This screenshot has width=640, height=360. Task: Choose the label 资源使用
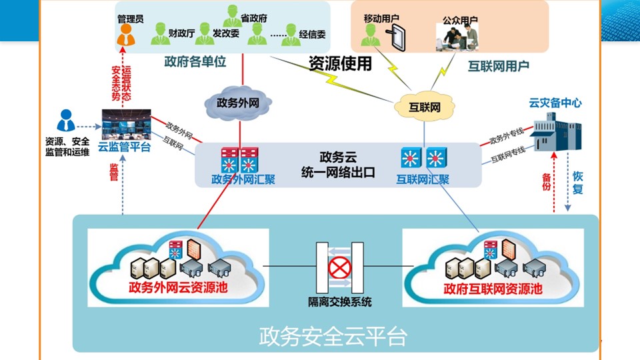click(x=340, y=63)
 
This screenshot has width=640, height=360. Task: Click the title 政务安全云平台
click(x=333, y=336)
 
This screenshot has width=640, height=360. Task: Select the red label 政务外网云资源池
click(x=177, y=288)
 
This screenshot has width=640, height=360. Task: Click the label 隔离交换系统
click(x=340, y=302)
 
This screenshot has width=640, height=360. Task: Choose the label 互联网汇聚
click(x=423, y=179)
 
